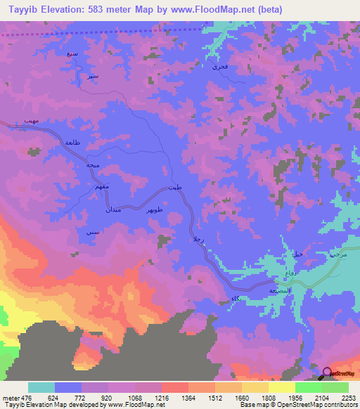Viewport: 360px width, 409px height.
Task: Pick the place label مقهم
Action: pyautogui.click(x=82, y=187)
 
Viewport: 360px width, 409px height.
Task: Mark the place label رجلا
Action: pyautogui.click(x=198, y=241)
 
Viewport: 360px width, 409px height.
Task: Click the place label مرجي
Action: pyautogui.click(x=339, y=254)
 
